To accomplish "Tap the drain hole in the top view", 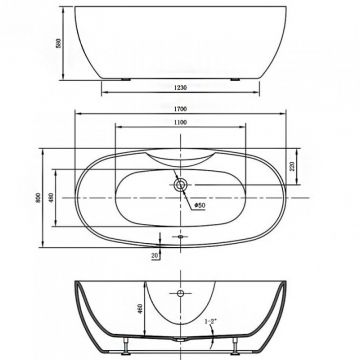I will tap(181, 184).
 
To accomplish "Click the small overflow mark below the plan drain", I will tap(181, 236).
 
